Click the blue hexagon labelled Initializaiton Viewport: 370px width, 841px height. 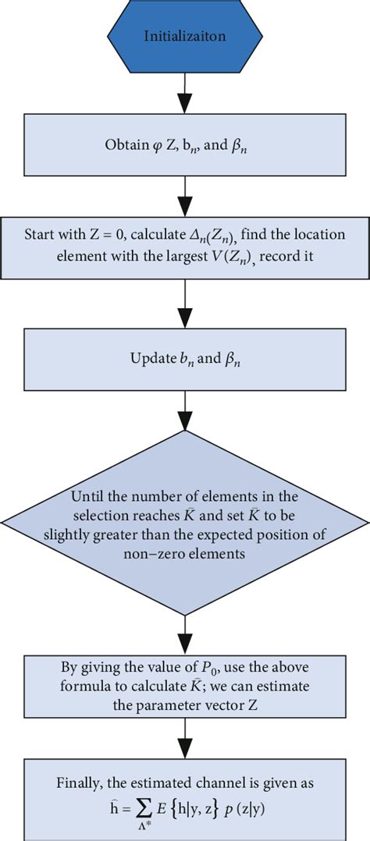184,37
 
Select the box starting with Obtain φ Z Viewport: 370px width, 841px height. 184,144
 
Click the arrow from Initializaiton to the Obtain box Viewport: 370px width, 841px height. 184,94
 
